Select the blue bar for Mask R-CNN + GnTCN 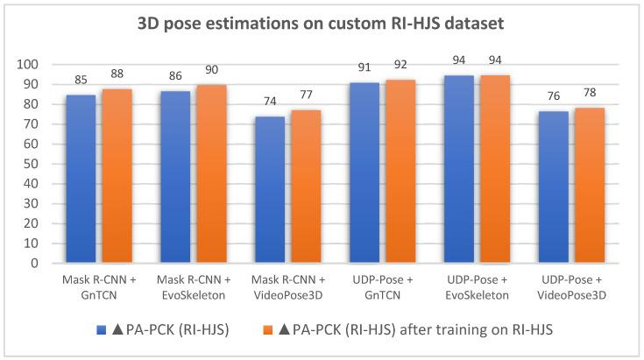[x=81, y=179]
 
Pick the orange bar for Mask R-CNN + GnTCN [x=117, y=175]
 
